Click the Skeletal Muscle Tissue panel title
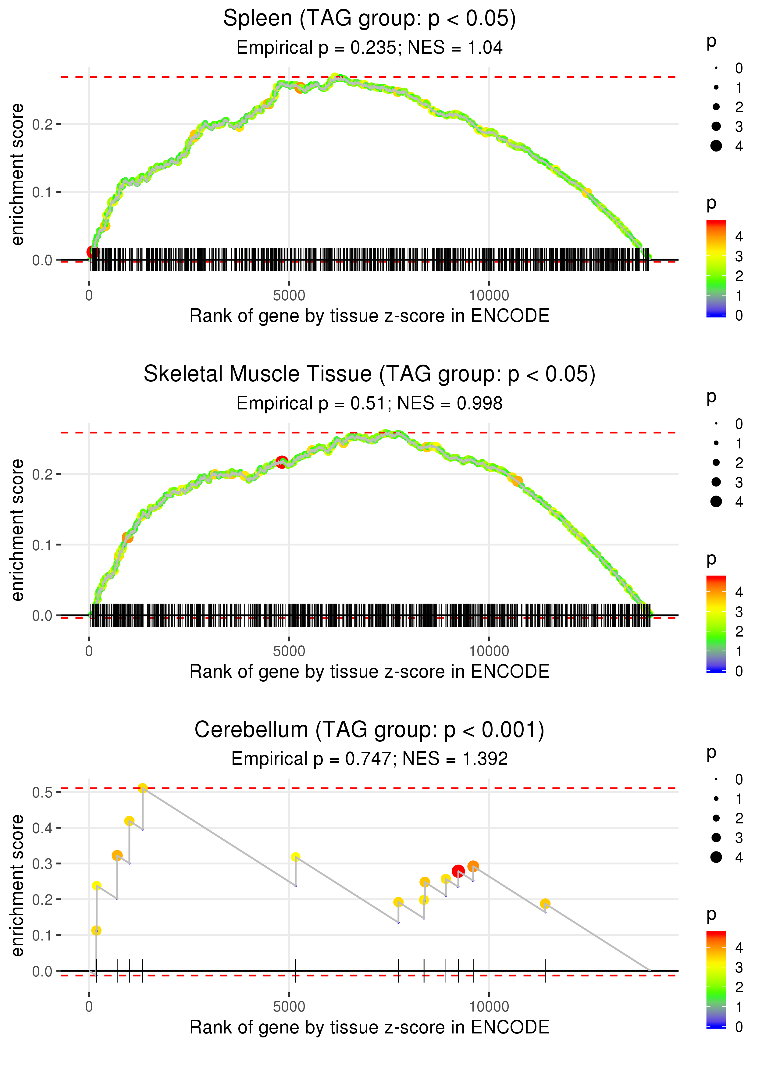369,374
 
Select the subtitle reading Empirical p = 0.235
369,48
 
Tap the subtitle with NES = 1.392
369,759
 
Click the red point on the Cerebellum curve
458,871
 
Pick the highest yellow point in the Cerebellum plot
143,788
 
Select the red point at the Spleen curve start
92,252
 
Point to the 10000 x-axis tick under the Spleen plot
489,296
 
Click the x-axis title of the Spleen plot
369,316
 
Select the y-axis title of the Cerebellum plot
17,885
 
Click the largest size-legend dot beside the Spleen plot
716,146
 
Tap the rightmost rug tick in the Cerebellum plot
545,971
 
